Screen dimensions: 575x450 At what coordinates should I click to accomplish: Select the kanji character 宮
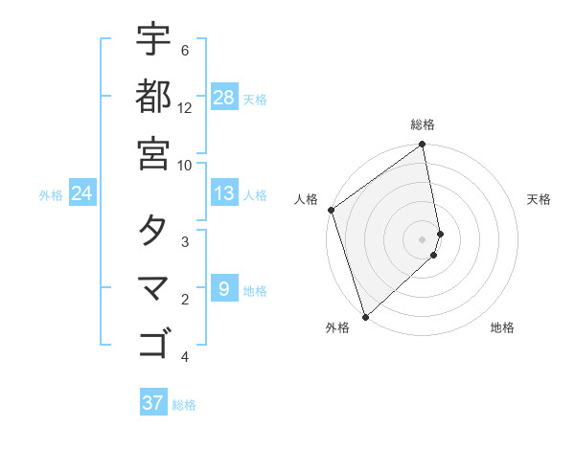(153, 152)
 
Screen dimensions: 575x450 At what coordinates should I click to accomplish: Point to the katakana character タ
(153, 230)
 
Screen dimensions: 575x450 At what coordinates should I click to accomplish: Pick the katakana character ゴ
(153, 343)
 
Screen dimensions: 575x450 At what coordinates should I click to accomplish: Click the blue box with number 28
(224, 98)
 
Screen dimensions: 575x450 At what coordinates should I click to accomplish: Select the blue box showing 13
(224, 193)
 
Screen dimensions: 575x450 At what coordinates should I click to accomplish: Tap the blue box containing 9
(224, 288)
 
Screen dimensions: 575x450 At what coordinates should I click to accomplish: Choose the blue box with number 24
(81, 193)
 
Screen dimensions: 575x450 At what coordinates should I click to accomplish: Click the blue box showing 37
(152, 402)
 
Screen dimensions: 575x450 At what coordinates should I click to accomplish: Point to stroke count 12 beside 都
(185, 108)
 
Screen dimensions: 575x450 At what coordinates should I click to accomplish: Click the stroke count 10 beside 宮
(185, 165)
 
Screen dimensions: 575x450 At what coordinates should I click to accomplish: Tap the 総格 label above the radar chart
(423, 124)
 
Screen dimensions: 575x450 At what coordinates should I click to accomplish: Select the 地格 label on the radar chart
(502, 328)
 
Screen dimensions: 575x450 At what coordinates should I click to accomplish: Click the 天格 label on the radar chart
(540, 199)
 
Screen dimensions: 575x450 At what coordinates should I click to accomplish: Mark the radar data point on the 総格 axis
(423, 146)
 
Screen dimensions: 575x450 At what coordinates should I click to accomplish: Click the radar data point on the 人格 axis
(331, 210)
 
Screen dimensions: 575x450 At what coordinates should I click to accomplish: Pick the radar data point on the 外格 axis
(365, 316)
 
